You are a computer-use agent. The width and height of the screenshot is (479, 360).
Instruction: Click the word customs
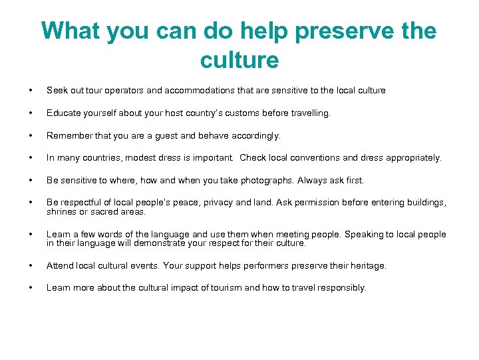point(240,113)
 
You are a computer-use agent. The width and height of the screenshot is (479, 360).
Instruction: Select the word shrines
point(61,212)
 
